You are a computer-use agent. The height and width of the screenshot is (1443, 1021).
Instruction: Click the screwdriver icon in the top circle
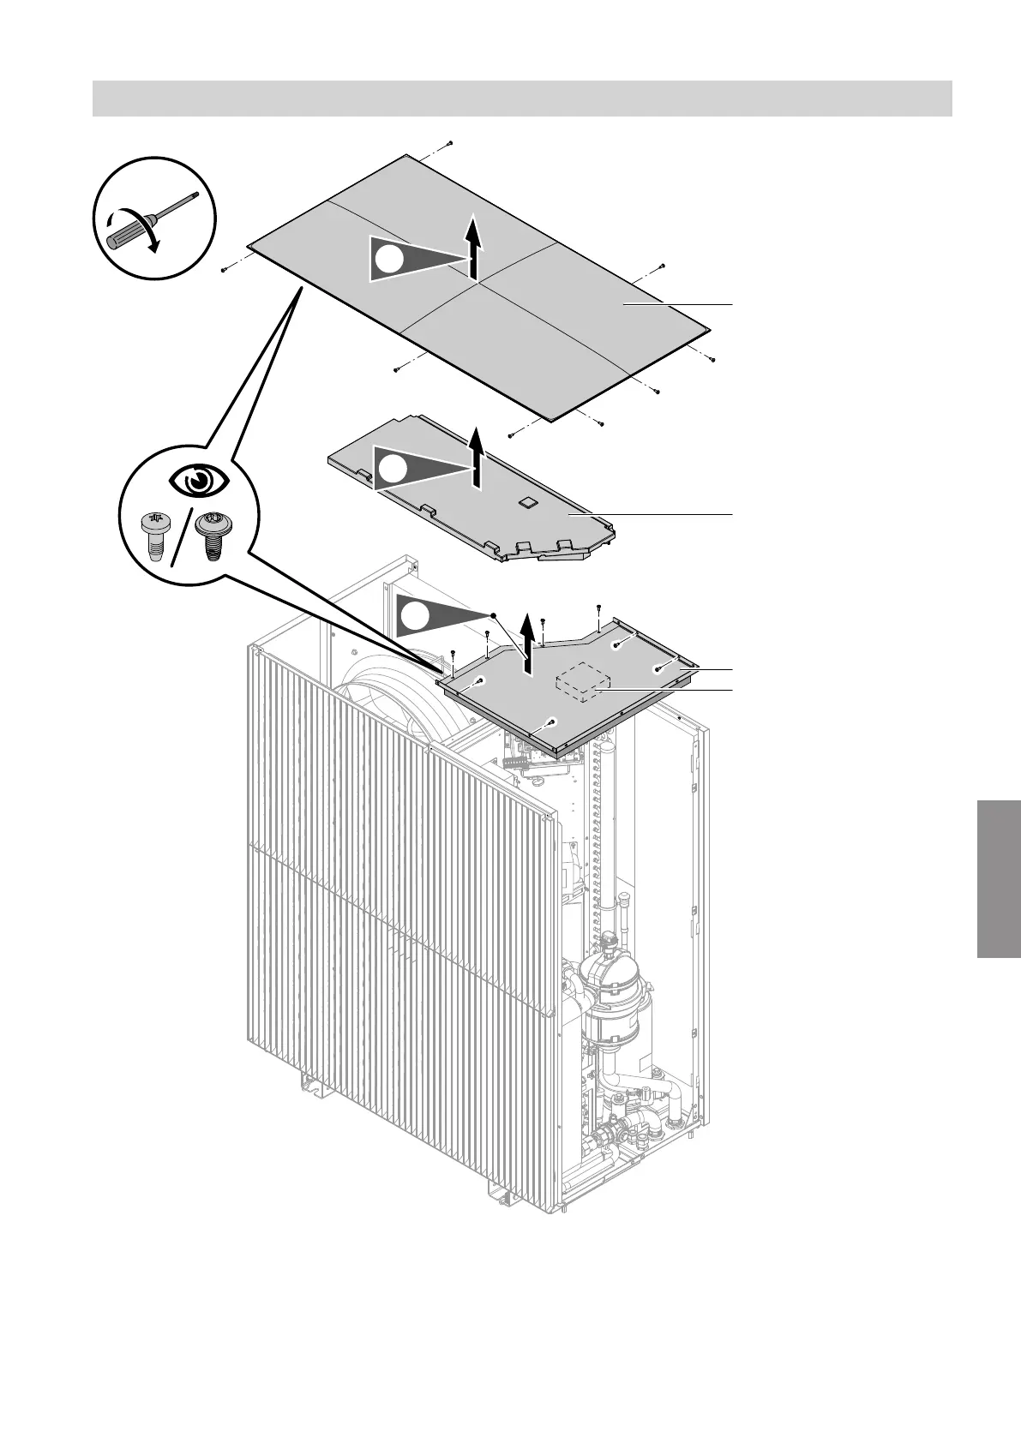[150, 219]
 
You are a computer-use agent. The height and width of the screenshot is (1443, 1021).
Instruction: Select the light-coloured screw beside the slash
[153, 534]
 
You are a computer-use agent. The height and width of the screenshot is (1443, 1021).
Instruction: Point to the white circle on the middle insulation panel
[393, 469]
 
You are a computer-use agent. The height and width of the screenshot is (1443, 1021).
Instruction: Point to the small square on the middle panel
[527, 500]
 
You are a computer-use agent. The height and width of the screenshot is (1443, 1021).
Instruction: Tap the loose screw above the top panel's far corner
[450, 143]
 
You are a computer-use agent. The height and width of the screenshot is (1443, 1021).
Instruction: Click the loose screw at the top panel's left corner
[223, 269]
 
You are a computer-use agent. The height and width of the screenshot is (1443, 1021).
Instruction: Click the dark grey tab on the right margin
[998, 878]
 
